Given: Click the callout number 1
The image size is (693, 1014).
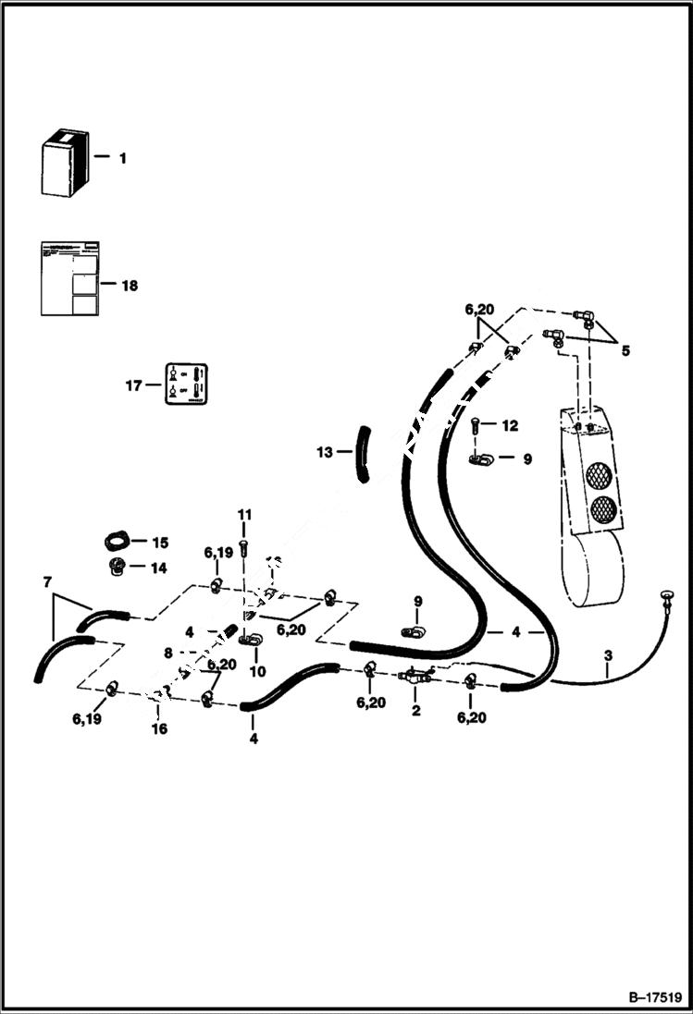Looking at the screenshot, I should click(x=122, y=159).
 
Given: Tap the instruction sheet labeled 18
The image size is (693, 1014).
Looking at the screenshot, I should click(x=68, y=278).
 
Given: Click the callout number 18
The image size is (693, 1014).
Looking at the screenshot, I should click(x=129, y=286).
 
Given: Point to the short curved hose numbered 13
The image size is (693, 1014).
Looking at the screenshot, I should click(x=363, y=453).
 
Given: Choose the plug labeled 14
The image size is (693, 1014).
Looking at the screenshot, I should click(x=116, y=565).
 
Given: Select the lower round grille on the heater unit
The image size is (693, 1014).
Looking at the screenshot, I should click(x=604, y=509).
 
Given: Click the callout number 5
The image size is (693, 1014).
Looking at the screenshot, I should click(x=626, y=350).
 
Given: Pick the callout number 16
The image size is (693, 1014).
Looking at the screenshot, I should click(x=160, y=729).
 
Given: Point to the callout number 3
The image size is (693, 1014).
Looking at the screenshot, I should click(x=607, y=656).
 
